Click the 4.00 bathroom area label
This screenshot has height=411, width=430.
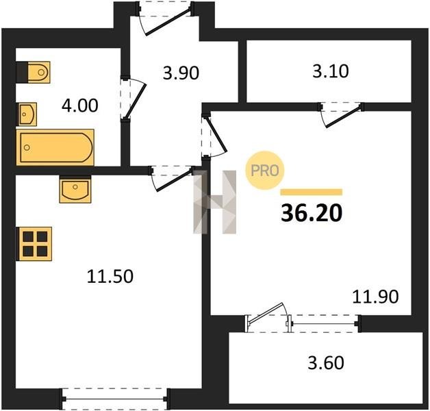[x=80, y=106]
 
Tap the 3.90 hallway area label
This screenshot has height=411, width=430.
[x=181, y=73]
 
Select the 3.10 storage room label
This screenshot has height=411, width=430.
[x=331, y=71]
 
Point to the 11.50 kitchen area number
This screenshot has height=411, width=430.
[x=110, y=276]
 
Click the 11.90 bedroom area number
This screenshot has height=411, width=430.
[x=375, y=297]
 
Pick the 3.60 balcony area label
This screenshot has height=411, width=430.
[x=326, y=363]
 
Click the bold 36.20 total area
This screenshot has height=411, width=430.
[x=312, y=213]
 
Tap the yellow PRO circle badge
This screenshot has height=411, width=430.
[x=264, y=171]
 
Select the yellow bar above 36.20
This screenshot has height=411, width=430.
[x=312, y=192]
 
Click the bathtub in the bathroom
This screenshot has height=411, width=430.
[x=55, y=147]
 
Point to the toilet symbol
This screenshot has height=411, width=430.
[x=33, y=72]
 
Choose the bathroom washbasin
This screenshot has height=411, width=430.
[x=27, y=114]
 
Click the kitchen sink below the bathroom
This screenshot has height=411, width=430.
[x=75, y=189]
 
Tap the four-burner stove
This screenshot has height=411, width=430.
[x=34, y=244]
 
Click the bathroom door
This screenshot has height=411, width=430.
[x=134, y=99]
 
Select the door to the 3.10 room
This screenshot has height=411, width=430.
[x=341, y=114]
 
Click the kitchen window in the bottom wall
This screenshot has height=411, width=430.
[x=114, y=399]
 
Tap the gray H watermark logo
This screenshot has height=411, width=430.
[x=215, y=202]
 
